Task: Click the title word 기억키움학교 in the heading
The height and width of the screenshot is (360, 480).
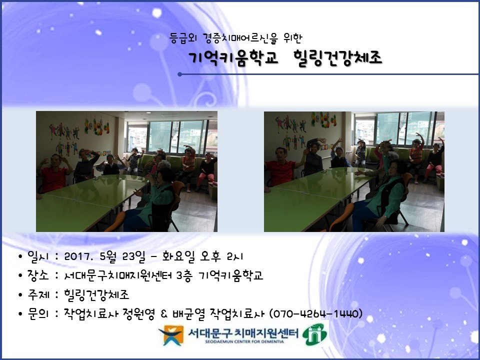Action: coord(233,58)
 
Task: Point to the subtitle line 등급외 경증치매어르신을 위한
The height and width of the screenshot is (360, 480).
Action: coord(235,38)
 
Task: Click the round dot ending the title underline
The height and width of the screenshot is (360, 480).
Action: coord(179,74)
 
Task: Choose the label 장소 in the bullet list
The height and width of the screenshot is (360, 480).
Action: coord(38,275)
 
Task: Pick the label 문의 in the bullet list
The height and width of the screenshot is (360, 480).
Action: coord(38,313)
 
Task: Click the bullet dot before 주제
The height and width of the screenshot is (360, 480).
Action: coord(20,295)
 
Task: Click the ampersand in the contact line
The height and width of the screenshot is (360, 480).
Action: coord(164,314)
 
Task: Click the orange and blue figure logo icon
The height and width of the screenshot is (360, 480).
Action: coord(171,335)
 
